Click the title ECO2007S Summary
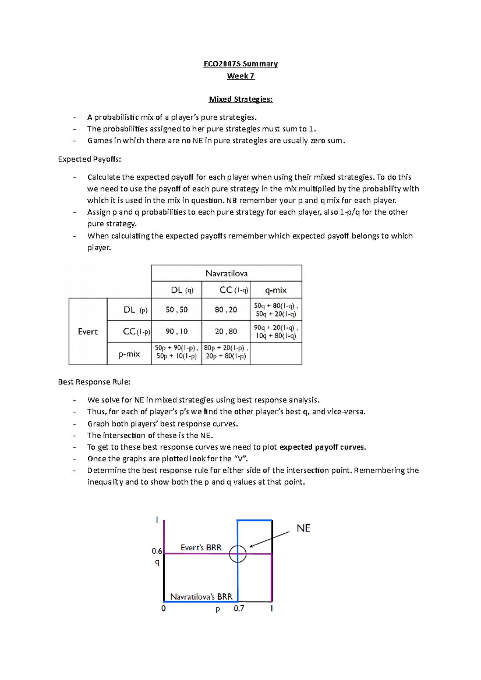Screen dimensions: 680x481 point(240,64)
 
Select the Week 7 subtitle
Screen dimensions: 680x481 point(240,76)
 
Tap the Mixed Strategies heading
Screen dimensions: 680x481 point(240,99)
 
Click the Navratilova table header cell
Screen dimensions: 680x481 point(226,273)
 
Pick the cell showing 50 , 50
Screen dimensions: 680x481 point(176,309)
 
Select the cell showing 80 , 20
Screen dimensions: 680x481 point(226,309)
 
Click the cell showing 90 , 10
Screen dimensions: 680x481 point(176,331)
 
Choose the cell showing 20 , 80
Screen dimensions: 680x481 point(226,331)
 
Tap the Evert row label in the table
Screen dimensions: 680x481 point(88,331)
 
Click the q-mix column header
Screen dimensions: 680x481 point(276,290)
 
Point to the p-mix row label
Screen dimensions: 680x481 point(129,354)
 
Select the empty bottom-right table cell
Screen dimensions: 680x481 point(276,353)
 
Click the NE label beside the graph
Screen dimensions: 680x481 point(303,528)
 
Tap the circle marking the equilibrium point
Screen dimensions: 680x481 point(238,554)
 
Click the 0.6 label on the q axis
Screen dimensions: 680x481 point(157,551)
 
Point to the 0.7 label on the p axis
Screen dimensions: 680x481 point(239,608)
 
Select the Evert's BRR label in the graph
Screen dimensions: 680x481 point(201,547)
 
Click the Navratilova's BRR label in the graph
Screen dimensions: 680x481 point(201,597)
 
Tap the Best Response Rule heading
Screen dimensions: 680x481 point(94,382)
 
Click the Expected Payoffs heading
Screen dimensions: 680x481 point(89,159)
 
